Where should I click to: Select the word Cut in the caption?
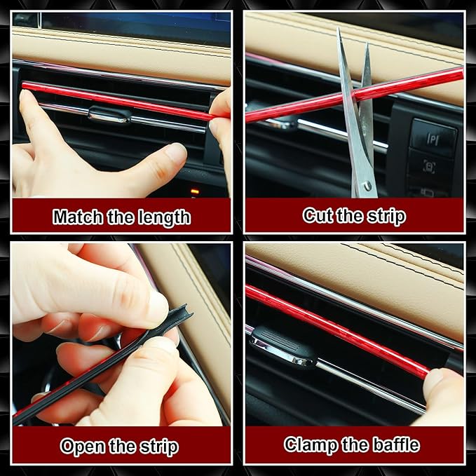click(x=317, y=215)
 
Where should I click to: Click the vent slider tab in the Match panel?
click(x=110, y=114)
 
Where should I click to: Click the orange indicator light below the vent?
click(x=194, y=191)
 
